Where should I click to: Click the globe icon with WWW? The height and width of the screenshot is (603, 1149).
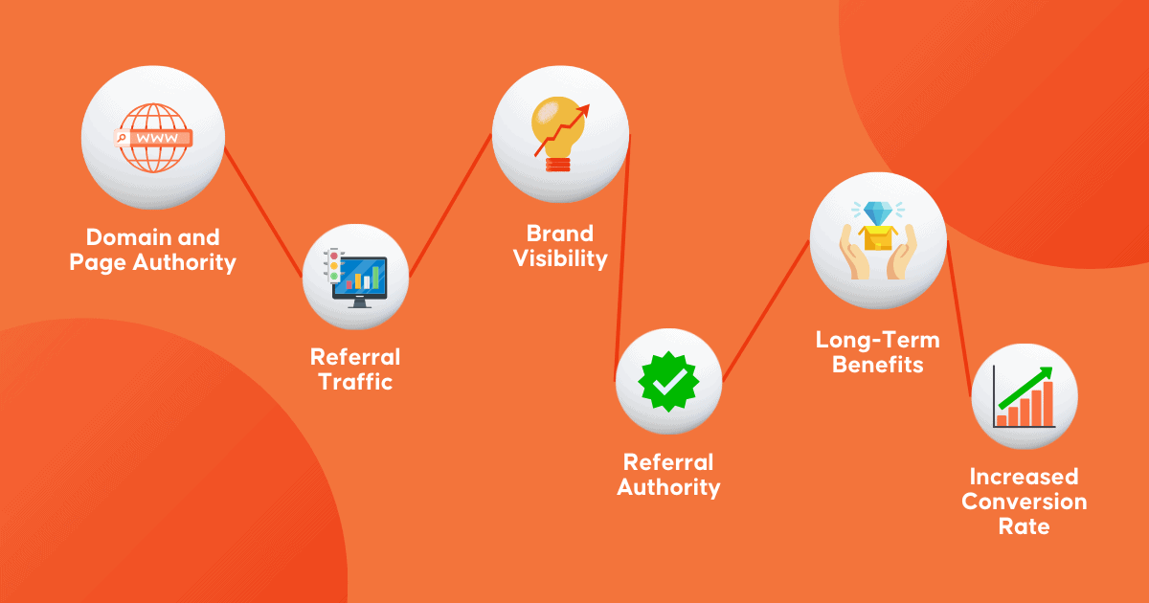tap(153, 138)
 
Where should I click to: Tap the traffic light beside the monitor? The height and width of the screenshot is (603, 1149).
tap(333, 266)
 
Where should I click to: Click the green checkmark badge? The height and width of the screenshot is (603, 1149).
tap(668, 382)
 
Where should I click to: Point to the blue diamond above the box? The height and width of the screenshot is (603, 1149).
tap(878, 212)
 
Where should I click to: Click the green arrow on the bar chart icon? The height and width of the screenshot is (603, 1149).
tap(1025, 388)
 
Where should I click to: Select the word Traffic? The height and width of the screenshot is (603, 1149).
tap(355, 382)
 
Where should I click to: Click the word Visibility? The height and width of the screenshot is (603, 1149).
tap(560, 259)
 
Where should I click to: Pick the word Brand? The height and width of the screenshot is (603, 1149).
tap(560, 234)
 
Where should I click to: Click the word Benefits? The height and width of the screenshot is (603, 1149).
tap(878, 365)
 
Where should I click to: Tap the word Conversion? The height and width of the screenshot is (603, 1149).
tap(1025, 502)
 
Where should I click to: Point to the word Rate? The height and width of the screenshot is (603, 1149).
tap(1024, 526)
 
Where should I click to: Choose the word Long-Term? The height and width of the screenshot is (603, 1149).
tap(878, 340)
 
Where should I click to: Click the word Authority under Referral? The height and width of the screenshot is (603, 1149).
tap(668, 487)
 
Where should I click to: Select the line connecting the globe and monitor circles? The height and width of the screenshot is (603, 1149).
tap(263, 212)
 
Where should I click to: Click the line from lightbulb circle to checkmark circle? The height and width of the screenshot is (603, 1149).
tap(622, 258)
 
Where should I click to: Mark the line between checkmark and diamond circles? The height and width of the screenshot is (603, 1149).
tap(766, 311)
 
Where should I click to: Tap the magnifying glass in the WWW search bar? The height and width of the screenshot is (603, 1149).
tap(122, 138)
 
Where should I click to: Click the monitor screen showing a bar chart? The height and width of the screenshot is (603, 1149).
tap(360, 278)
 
